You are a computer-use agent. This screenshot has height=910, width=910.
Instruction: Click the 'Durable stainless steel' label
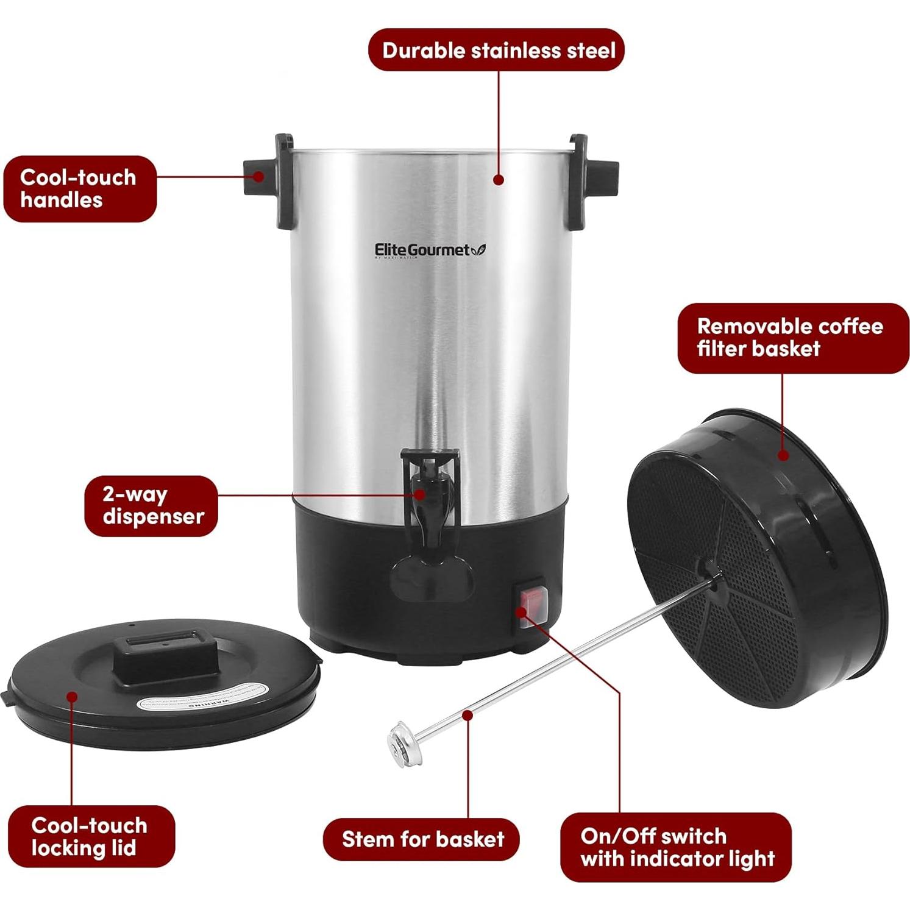point(496,50)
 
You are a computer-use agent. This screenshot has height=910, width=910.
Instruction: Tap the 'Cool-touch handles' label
point(79,189)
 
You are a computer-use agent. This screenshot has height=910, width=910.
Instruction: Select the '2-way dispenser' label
point(151,506)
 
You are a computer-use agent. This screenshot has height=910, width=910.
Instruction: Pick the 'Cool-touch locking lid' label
point(90,836)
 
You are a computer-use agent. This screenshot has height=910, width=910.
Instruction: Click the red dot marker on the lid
point(72,697)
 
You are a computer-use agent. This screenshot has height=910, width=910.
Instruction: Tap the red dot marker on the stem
point(467,714)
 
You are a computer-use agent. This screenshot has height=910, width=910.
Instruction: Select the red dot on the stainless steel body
point(499,180)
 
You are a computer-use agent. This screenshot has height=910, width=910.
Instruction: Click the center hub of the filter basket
point(710,572)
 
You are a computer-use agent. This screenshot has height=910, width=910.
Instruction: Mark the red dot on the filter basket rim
point(784,455)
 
